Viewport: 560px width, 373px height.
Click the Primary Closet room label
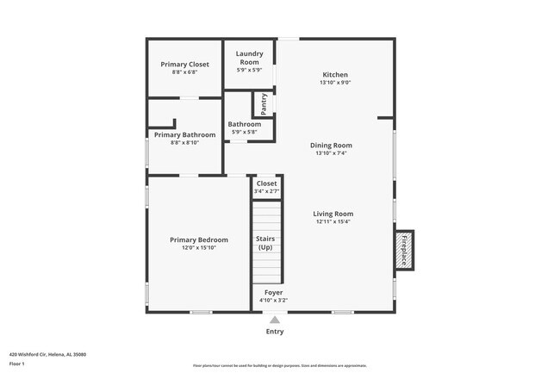click(x=184, y=64)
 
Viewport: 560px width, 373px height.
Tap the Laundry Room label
click(x=249, y=58)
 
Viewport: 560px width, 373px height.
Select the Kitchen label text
click(x=335, y=74)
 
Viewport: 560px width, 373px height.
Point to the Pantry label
click(x=264, y=104)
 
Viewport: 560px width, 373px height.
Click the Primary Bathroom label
click(x=184, y=134)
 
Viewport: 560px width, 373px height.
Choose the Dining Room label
click(x=332, y=146)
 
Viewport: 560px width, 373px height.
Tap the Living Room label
click(x=333, y=214)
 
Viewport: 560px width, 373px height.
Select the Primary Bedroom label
click(x=198, y=239)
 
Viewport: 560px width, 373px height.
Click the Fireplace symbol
click(x=403, y=249)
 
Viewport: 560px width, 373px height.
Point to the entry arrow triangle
click(x=274, y=320)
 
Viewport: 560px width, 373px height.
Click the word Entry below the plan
click(x=274, y=332)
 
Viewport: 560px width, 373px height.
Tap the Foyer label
click(x=273, y=293)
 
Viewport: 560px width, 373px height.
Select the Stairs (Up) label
click(x=265, y=243)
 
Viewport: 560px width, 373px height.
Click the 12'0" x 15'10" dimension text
click(x=198, y=248)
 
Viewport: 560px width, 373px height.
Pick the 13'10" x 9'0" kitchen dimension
click(x=335, y=83)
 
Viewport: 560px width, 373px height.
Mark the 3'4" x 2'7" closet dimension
click(x=266, y=190)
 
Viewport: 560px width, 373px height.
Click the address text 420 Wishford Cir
click(x=47, y=354)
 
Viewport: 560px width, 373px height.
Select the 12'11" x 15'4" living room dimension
click(x=333, y=221)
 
